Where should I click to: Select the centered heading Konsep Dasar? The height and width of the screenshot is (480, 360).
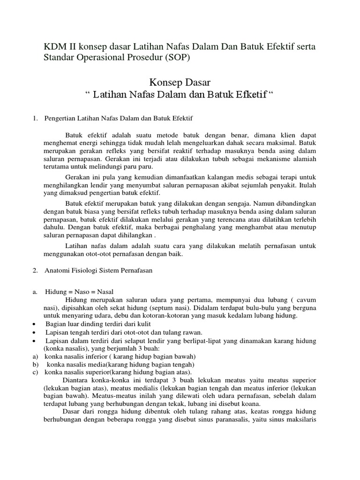[x=180, y=82]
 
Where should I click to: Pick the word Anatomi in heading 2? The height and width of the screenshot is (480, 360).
[x=57, y=270]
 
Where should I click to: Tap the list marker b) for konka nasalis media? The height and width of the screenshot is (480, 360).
[x=35, y=364]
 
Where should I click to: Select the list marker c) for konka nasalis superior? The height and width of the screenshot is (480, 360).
[x=35, y=372]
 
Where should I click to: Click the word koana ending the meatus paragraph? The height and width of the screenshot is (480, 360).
[x=251, y=404]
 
